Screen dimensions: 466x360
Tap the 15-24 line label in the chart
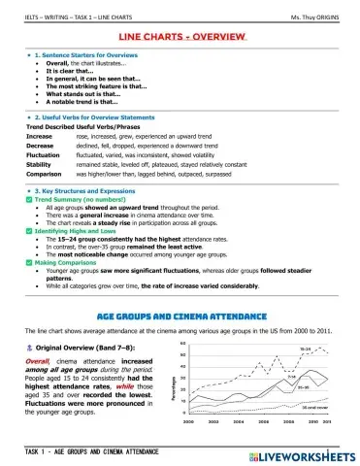305,349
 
